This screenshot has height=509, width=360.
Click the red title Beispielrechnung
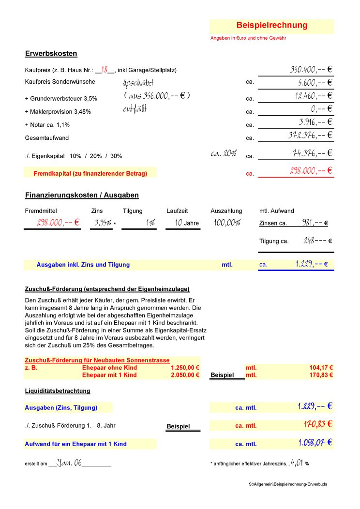(x=271, y=25)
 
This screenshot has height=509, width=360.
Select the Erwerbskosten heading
(x=51, y=54)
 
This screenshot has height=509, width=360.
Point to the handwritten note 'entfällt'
(x=135, y=109)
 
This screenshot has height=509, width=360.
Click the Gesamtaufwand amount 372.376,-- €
(x=310, y=135)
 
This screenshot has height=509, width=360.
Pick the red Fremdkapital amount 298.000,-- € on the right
(x=310, y=171)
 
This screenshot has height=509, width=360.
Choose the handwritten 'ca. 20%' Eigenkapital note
(x=224, y=154)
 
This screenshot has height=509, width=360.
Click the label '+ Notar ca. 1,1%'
(x=47, y=125)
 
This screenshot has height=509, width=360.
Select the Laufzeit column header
(x=177, y=211)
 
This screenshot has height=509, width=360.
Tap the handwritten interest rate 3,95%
(x=103, y=223)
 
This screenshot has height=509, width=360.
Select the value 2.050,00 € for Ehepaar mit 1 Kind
(x=185, y=375)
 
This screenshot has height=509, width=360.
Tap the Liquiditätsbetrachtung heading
(x=57, y=390)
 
